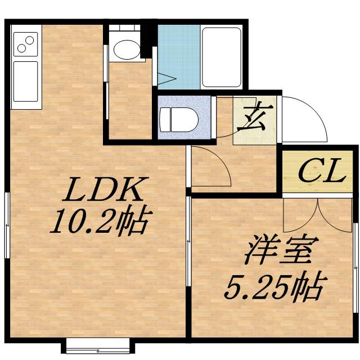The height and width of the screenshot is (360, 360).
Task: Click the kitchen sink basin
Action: pos(25,81)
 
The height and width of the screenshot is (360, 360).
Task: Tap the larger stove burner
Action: pos(28,40)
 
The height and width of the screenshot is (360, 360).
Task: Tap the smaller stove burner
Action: pos(21,48)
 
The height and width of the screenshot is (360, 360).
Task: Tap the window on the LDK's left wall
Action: pos(7,225)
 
